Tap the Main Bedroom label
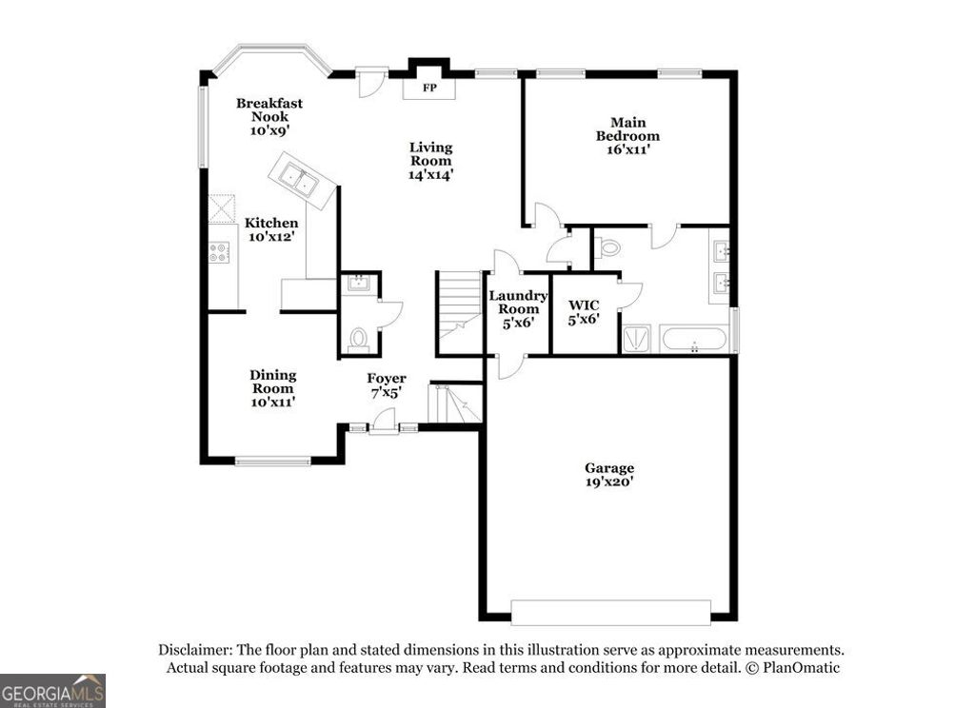(627, 135)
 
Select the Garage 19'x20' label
(609, 475)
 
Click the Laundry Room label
(518, 308)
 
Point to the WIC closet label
(584, 312)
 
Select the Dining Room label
(273, 388)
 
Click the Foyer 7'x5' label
(387, 385)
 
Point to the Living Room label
(430, 161)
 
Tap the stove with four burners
(220, 251)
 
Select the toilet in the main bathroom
(607, 248)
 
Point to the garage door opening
(610, 611)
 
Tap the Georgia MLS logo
(52, 690)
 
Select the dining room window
(272, 462)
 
